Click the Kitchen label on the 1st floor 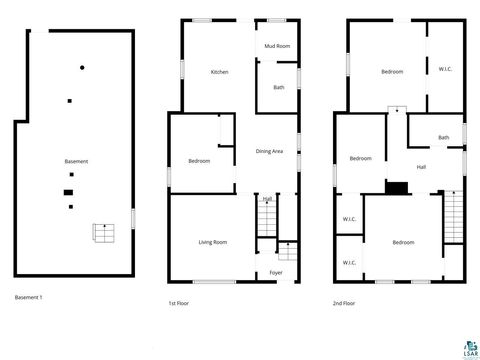[220, 72]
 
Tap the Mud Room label [277, 46]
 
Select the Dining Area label [269, 151]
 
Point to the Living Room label [212, 242]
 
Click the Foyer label [276, 272]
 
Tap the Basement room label [76, 162]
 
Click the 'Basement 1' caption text [29, 297]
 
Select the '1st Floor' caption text [179, 302]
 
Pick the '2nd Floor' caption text [345, 302]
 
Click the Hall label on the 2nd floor [421, 167]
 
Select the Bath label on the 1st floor [279, 87]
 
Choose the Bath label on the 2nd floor [443, 137]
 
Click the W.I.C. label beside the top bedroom [445, 69]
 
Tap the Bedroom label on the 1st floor [199, 161]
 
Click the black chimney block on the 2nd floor [397, 187]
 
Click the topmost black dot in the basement [83, 67]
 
